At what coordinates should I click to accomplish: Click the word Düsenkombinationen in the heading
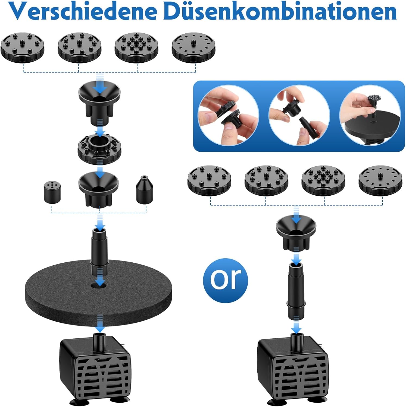click(280, 11)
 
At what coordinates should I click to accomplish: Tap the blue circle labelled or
click(225, 280)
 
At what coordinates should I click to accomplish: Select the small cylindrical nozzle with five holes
click(52, 192)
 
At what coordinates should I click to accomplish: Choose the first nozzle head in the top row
click(22, 48)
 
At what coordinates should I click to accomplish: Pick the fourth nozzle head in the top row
click(193, 48)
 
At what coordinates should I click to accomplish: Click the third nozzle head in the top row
click(136, 48)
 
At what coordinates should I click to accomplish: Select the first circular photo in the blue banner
click(228, 115)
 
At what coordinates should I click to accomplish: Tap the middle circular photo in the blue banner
click(299, 115)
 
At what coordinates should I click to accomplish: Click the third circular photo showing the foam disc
click(370, 115)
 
